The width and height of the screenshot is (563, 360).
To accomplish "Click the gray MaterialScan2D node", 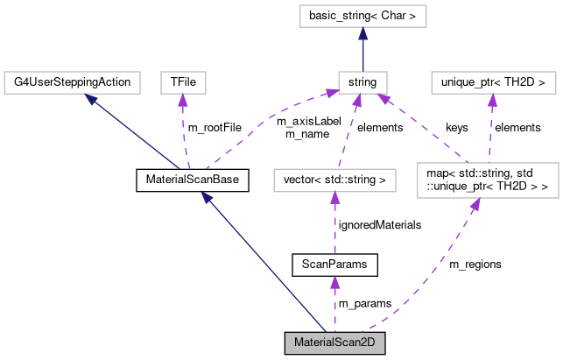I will tap(335, 342).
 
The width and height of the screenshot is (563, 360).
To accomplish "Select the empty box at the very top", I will tap(362, 16).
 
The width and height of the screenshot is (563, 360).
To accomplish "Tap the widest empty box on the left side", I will tap(72, 82).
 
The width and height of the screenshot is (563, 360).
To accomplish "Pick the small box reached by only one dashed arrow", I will tap(183, 82).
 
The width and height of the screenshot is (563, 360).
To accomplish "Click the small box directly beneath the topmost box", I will tap(362, 82).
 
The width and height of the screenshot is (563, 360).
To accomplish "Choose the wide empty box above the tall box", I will tap(493, 82).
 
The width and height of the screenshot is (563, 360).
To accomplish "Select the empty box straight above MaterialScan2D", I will tap(334, 180).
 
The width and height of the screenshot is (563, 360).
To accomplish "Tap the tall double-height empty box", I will tap(488, 180).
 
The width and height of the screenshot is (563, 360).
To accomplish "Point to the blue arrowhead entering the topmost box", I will tap(362, 33).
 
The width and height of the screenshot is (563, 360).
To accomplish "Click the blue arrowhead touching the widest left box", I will tap(91, 99).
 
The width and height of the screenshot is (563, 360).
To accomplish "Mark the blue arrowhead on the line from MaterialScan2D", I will tap(207, 197).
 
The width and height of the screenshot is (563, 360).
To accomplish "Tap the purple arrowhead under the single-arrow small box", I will tap(183, 100).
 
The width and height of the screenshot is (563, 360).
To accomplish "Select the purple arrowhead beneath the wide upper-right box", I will tap(492, 100).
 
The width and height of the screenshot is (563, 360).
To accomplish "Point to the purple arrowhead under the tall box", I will tap(475, 205).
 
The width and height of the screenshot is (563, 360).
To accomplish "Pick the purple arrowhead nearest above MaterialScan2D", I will tap(334, 281).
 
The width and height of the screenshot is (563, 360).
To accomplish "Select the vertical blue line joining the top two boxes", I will tap(362, 54).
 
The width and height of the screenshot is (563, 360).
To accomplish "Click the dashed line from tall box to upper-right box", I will tap(490, 131).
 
